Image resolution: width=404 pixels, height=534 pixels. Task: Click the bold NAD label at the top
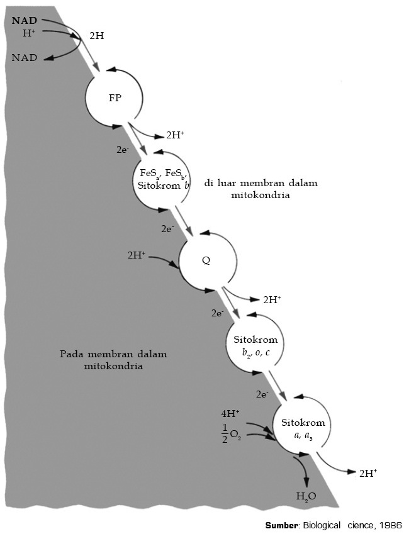pyautogui.click(x=25, y=21)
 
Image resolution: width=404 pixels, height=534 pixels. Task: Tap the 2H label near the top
pyautogui.click(x=97, y=36)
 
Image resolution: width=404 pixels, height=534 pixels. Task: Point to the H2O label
pyautogui.click(x=306, y=496)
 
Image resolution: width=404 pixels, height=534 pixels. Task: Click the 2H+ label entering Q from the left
pyautogui.click(x=137, y=255)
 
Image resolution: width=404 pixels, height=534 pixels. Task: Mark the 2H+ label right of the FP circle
pyautogui.click(x=175, y=135)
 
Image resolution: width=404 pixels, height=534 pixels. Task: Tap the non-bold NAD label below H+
pyautogui.click(x=25, y=58)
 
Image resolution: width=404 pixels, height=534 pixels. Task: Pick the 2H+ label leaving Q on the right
pyautogui.click(x=272, y=299)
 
